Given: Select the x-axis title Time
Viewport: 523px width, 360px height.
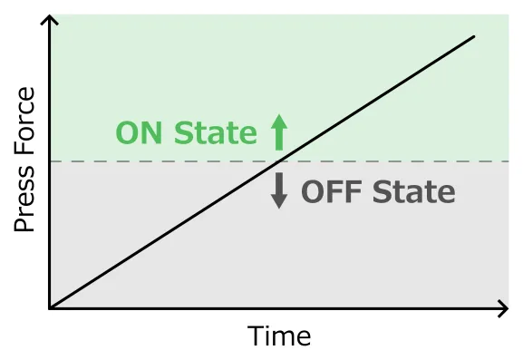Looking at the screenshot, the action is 279,336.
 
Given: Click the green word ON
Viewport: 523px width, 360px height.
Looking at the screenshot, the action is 140,133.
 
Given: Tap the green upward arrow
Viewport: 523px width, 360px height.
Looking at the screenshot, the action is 278,132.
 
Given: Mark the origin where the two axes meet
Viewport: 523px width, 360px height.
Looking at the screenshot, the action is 51,309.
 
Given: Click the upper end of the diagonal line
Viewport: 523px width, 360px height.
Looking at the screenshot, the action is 474,37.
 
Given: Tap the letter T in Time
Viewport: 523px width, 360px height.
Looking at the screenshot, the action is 257,336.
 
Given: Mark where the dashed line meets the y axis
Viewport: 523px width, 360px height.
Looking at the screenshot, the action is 51,161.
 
